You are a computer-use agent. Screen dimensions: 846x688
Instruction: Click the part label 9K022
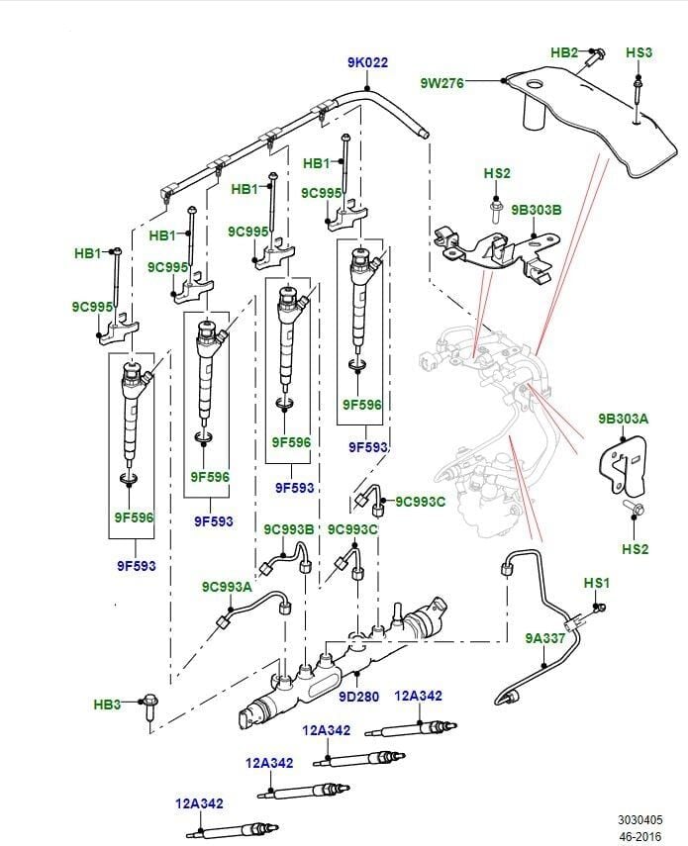coord(367,62)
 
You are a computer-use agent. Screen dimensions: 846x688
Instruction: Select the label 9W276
coord(442,83)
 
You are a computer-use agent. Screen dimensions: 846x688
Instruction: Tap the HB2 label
coord(564,51)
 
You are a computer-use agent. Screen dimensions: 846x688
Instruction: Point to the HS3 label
coord(639,51)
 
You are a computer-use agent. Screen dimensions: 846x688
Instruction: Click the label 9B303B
coord(536,210)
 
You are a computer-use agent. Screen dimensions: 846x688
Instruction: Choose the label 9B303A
coord(623,419)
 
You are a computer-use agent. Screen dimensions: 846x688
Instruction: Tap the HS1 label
coord(597,583)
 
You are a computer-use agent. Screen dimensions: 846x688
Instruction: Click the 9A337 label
coord(545,639)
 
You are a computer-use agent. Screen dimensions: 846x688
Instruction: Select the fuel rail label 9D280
coord(358,697)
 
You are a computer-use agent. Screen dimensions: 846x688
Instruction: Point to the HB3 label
coord(107,705)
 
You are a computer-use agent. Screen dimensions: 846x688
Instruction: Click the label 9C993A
coord(227,587)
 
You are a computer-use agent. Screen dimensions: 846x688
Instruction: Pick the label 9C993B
coord(288,529)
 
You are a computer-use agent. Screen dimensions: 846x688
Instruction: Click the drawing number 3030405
coord(641,819)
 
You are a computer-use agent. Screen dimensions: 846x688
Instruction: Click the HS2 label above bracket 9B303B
coord(497,174)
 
